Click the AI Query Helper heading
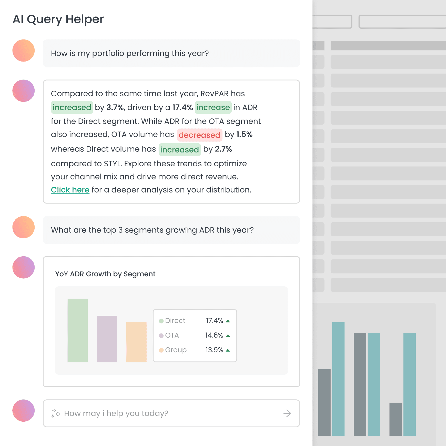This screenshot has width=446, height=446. [58, 19]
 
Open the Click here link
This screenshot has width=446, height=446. [70, 190]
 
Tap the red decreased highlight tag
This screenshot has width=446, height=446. [199, 135]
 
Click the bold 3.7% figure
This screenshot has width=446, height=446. [115, 107]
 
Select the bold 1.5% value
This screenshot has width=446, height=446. [244, 134]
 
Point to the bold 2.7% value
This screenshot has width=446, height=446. [223, 149]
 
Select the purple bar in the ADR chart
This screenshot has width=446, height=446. [107, 339]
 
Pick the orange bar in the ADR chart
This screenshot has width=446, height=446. [136, 342]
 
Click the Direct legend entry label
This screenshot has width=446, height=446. [175, 321]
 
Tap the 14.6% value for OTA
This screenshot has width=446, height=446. [214, 335]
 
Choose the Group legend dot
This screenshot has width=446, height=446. [161, 350]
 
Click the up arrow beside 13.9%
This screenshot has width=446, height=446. [228, 350]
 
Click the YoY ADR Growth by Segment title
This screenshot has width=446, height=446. [105, 274]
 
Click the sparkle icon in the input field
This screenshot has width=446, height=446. [56, 413]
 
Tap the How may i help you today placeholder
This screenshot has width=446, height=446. [116, 413]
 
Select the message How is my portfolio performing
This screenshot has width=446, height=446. [130, 53]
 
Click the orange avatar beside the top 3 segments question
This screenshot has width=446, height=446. [24, 227]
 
